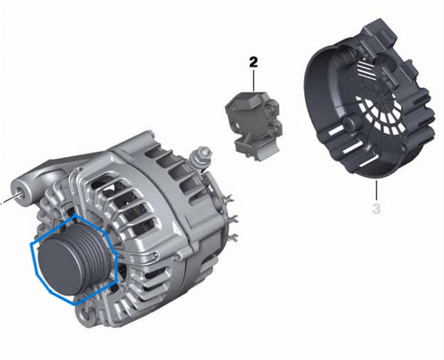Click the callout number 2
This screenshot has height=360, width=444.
[253, 63]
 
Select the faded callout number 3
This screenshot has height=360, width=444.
[377, 208]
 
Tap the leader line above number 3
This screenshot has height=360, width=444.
[377, 190]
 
